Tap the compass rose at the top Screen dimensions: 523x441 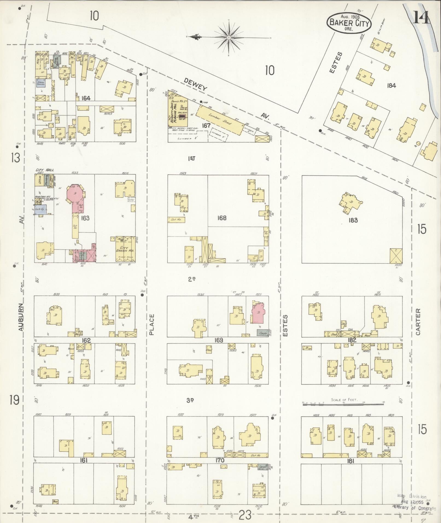229,37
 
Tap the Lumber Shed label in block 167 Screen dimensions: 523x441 220,119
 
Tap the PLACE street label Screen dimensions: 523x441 152,325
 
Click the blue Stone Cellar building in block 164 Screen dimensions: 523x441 41,83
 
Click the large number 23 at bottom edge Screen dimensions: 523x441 245,515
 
